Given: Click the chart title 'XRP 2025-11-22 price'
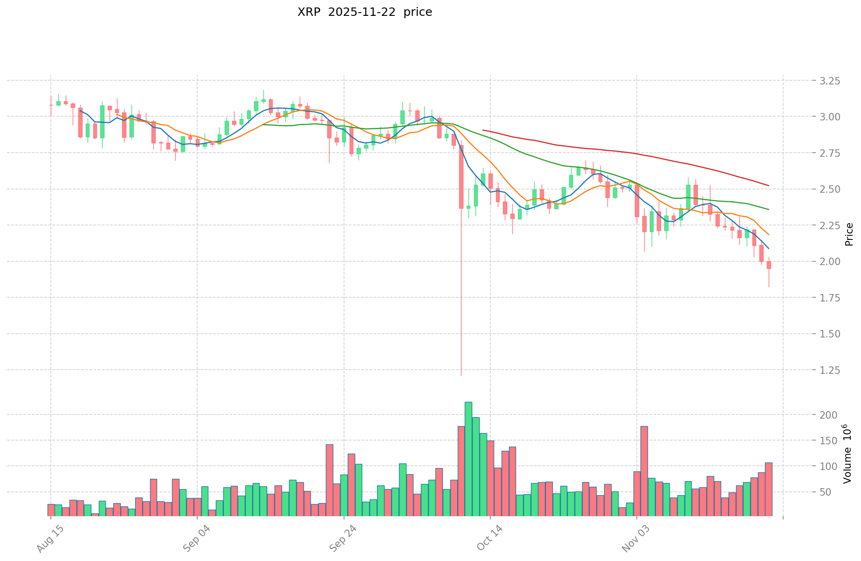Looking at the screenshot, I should [365, 12].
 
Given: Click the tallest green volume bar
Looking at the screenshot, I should [468, 457].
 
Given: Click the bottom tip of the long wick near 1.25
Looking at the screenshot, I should [461, 375].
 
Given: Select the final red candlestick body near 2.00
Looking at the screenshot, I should [769, 265].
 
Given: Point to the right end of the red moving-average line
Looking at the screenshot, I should [769, 186].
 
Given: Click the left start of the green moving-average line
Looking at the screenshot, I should [263, 125].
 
